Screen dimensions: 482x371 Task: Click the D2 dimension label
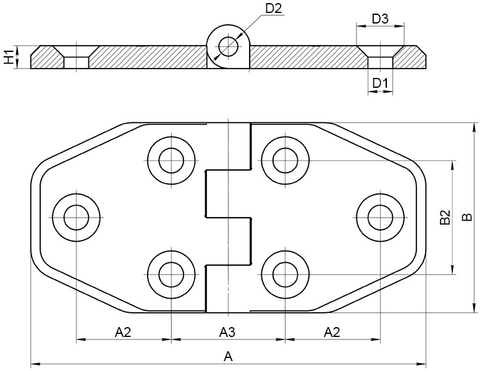click(273, 9)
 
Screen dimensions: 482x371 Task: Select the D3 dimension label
click(380, 19)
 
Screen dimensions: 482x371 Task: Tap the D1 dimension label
click(380, 83)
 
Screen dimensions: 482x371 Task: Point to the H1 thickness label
click(9, 57)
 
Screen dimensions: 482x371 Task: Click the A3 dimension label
click(227, 332)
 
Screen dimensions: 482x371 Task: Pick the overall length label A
click(228, 357)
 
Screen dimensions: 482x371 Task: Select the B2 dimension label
click(445, 217)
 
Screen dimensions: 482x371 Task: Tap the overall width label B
click(467, 217)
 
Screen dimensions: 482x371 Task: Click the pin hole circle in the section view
click(229, 47)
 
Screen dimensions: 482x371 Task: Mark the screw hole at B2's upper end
click(285, 160)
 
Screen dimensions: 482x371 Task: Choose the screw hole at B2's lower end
click(285, 274)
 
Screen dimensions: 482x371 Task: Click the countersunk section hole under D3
click(380, 57)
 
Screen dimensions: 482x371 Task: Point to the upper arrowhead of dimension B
click(474, 127)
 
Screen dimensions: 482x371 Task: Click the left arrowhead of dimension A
click(35, 365)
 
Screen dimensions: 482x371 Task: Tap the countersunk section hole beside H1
click(76, 57)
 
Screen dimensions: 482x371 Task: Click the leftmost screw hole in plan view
click(76, 218)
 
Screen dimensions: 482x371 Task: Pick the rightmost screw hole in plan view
click(380, 218)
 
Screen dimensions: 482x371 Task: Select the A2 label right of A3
click(332, 332)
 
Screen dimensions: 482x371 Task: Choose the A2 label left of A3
click(123, 332)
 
